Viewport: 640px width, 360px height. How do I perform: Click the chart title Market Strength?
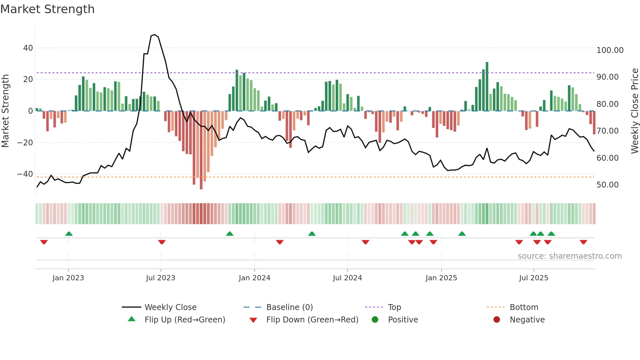coord(47,9)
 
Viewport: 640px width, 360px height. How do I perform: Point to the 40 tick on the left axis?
coord(28,48)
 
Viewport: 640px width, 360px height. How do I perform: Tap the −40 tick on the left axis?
coord(25,174)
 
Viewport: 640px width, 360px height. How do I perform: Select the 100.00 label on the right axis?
coord(610,50)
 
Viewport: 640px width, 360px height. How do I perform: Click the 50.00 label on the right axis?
coord(607,185)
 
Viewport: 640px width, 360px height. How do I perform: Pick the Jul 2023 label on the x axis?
coord(160,278)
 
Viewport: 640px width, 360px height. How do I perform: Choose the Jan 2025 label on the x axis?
coord(441,278)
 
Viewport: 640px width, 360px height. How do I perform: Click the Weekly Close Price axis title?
coord(634,111)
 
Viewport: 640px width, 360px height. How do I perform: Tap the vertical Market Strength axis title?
coord(6,111)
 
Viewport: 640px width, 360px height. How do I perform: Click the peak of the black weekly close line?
coord(155,34)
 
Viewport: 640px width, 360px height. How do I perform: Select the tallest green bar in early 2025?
coord(487,86)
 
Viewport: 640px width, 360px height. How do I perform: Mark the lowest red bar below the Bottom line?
coord(201,150)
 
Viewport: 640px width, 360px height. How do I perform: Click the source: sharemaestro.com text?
coord(569,256)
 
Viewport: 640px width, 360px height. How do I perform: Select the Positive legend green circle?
coord(375,320)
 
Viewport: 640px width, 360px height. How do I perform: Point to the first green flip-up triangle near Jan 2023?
coord(69,234)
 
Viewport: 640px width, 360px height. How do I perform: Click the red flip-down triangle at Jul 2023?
coord(162,242)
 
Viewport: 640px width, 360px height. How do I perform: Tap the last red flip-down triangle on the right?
coord(584,242)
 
